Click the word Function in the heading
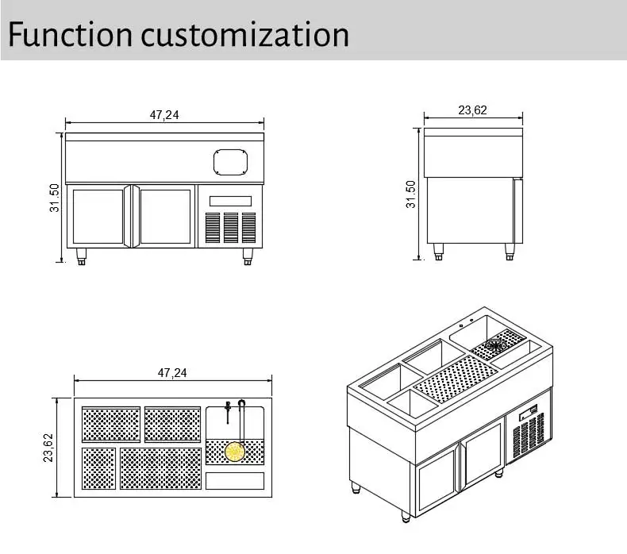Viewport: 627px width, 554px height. [x=69, y=34]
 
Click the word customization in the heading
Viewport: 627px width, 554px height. [x=244, y=34]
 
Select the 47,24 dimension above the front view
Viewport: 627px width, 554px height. [x=164, y=115]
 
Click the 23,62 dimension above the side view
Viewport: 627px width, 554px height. [x=472, y=110]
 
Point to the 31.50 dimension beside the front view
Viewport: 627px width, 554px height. [x=54, y=198]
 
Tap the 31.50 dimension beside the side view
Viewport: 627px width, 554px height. [x=410, y=194]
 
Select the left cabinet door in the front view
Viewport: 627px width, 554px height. [x=97, y=217]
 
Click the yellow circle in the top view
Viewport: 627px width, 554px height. [x=234, y=452]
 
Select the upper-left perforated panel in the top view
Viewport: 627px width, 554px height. [x=111, y=424]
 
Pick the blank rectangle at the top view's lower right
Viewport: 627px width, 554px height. [x=235, y=480]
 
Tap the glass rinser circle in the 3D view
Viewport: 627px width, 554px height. [x=496, y=344]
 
